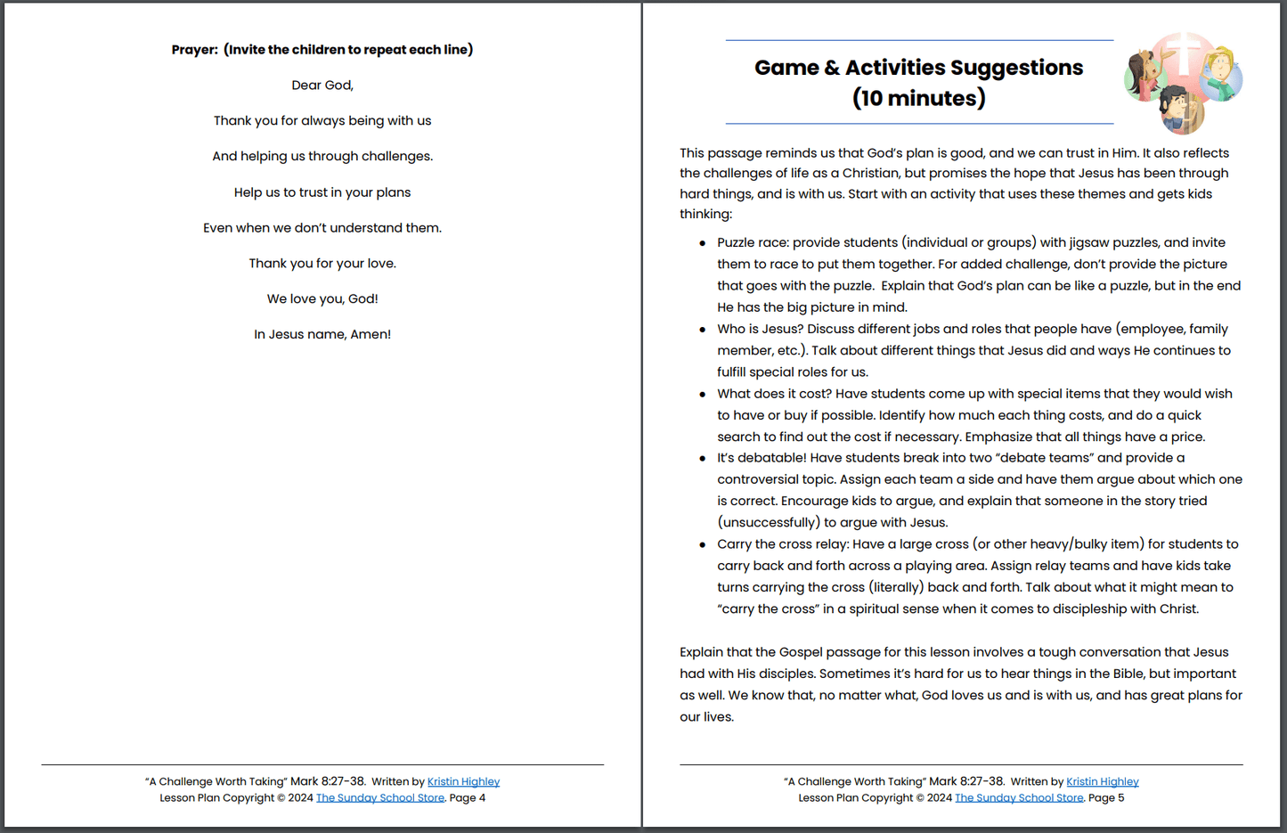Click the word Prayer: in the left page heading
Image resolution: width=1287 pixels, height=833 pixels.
194,50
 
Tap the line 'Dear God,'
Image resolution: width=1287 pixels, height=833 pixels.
322,86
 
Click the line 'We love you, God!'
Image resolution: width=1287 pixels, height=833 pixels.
322,299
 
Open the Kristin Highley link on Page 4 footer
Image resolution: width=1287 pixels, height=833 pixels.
463,782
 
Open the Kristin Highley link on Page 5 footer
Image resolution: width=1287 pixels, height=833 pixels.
1102,782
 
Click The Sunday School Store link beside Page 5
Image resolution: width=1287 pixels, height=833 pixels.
1019,798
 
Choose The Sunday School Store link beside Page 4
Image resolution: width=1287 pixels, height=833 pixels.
380,798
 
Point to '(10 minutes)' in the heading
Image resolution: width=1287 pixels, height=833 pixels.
918,98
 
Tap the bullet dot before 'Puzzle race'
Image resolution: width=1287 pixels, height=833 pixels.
703,243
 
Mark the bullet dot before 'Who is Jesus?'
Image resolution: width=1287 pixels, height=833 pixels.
703,330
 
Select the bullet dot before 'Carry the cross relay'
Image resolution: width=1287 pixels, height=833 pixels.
703,544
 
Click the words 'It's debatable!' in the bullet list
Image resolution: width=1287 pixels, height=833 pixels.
761,458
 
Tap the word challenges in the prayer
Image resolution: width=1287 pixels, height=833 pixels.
395,157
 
